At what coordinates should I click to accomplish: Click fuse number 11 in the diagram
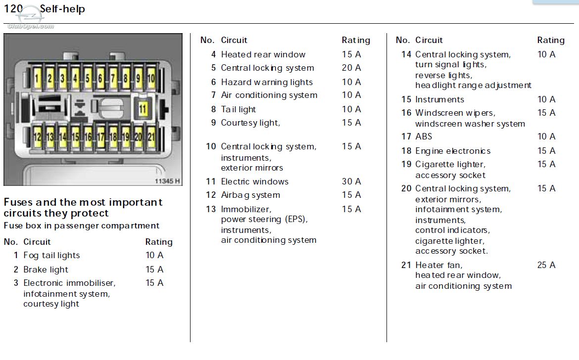[143, 109]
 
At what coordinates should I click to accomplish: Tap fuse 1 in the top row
[37, 78]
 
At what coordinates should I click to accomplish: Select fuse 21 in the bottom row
[150, 137]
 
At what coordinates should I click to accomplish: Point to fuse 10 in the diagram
[150, 78]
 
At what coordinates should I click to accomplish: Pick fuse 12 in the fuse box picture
[37, 137]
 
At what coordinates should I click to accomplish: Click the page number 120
[13, 9]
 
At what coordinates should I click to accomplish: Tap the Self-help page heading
[62, 9]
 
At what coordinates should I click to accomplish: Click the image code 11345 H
[167, 180]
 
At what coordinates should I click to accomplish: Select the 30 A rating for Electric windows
[351, 181]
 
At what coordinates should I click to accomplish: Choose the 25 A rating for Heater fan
[546, 265]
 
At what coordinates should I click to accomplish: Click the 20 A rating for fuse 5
[351, 68]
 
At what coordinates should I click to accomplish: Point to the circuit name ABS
[424, 136]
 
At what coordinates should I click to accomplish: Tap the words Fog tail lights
[51, 255]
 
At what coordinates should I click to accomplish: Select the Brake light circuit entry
[46, 270]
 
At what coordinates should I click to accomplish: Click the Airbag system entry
[250, 195]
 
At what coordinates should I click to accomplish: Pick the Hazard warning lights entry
[267, 82]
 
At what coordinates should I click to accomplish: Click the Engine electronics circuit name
[453, 151]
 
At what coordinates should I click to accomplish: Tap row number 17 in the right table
[406, 136]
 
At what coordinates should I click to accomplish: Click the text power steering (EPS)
[264, 220]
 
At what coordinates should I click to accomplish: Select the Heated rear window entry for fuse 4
[263, 54]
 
